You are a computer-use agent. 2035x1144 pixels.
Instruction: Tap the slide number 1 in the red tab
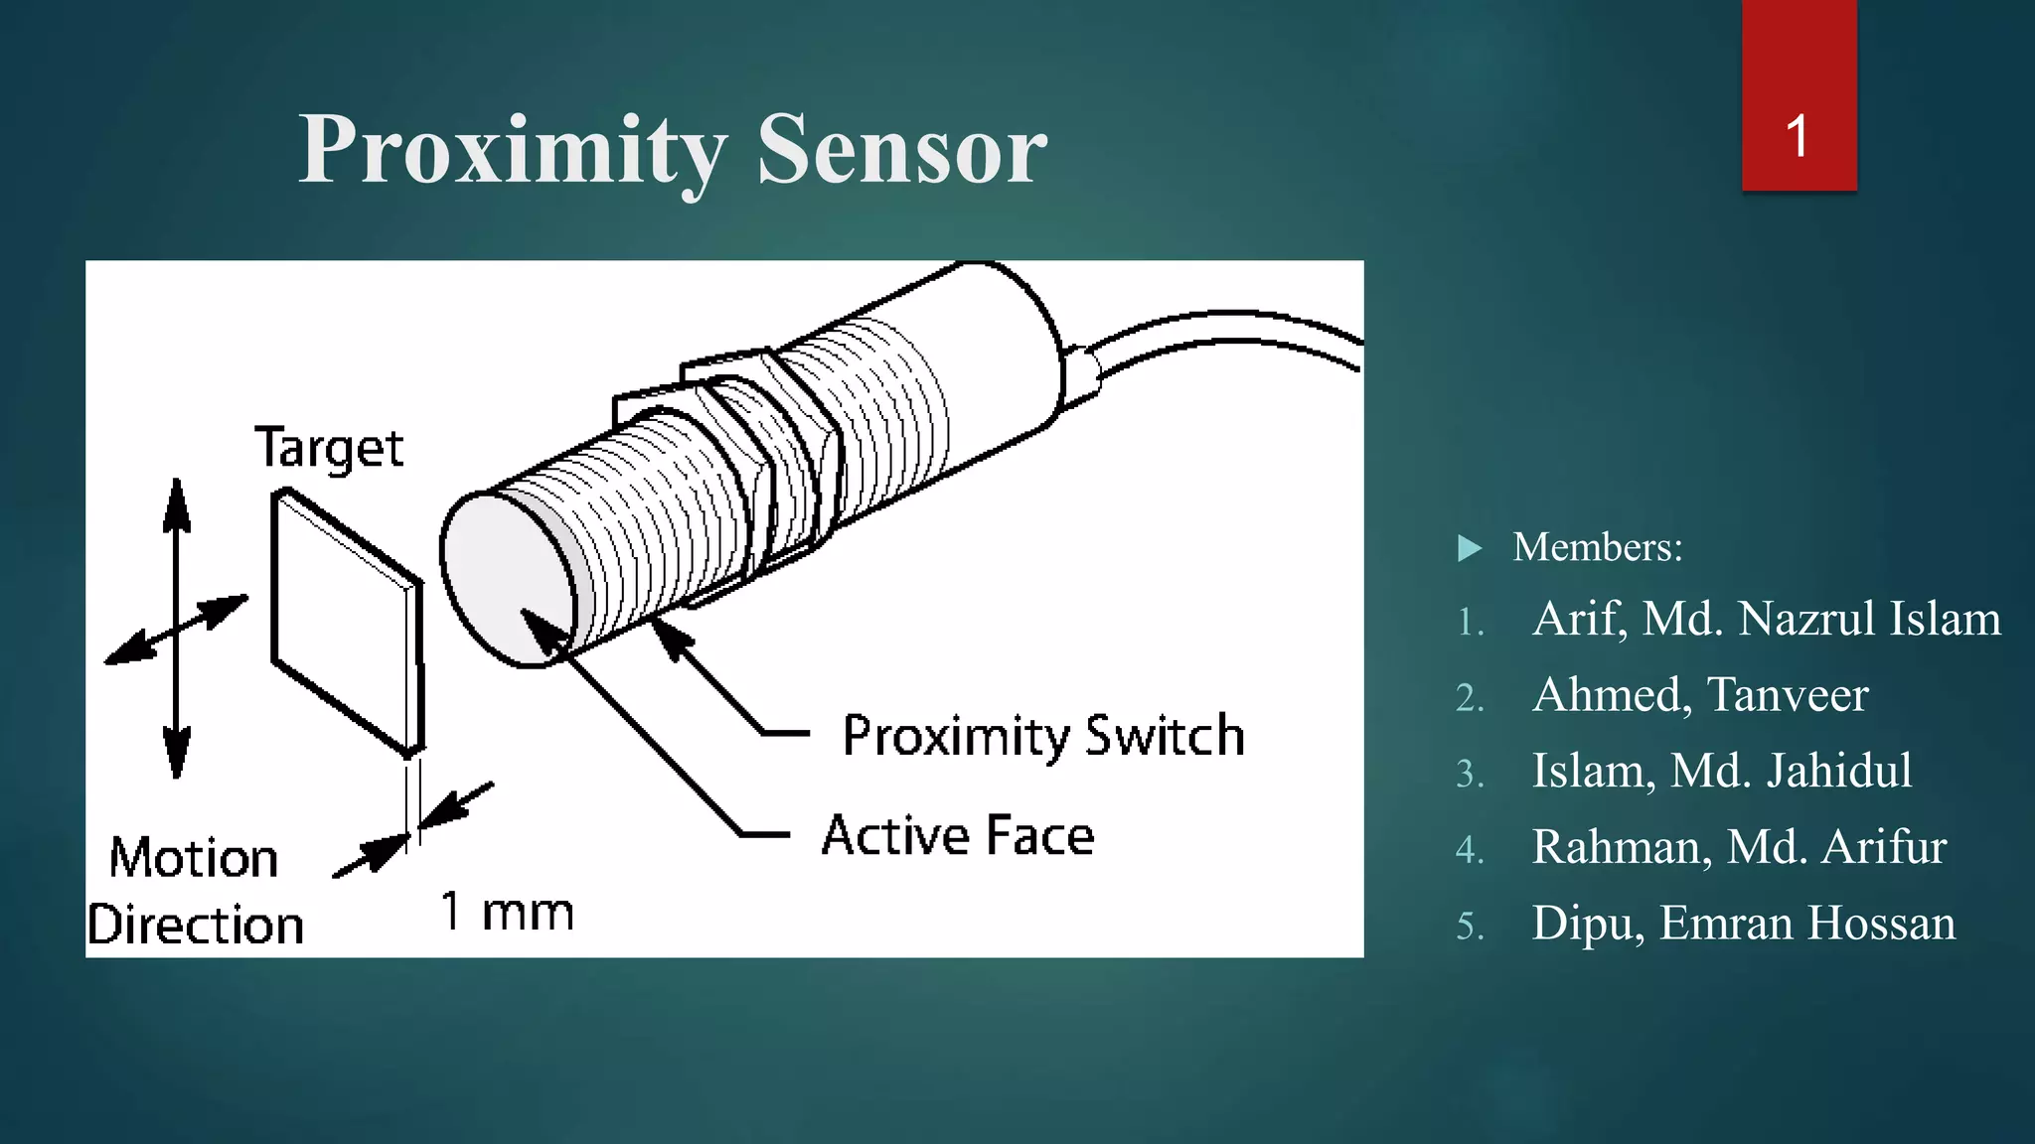[1797, 136]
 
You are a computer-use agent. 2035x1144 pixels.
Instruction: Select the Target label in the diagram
[329, 449]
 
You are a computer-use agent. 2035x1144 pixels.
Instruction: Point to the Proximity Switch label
[1043, 736]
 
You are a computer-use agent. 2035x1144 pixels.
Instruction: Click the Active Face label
[958, 835]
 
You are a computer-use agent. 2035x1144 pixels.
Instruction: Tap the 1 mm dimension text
[507, 912]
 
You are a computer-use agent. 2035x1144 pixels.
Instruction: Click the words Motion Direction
[195, 891]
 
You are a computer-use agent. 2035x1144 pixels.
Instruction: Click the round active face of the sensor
[507, 581]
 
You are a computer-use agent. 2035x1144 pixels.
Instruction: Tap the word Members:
[1598, 547]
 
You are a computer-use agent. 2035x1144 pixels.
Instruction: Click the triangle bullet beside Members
[1470, 548]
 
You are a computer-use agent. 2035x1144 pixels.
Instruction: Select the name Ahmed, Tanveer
[1700, 694]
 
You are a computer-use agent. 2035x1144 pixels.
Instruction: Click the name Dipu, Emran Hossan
[1743, 923]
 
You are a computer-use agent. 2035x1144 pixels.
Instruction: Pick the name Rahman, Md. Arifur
[1739, 847]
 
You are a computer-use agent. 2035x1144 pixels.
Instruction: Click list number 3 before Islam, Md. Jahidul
[1470, 773]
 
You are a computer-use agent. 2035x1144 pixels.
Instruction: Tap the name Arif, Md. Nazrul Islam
[1766, 619]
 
